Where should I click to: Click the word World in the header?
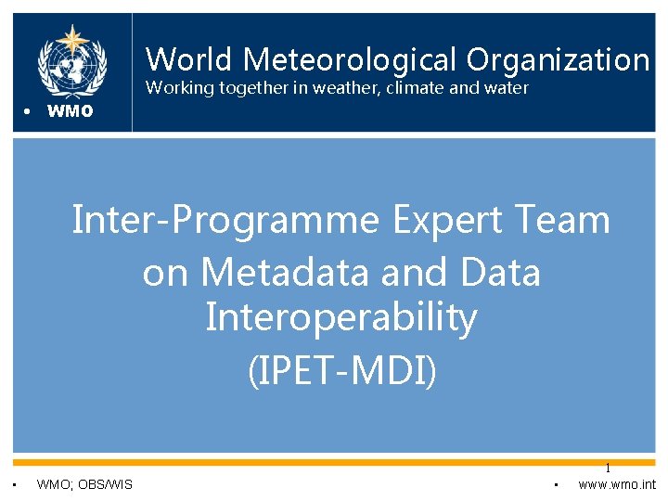[191, 60]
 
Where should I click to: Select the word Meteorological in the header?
[351, 60]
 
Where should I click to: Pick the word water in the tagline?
[504, 88]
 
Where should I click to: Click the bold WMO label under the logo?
[70, 112]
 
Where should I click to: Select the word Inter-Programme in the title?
[226, 222]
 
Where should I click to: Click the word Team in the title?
[565, 222]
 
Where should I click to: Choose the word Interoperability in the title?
[340, 317]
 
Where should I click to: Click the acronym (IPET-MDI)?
[340, 369]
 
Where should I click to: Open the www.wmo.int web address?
[616, 484]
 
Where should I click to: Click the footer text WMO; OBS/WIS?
[84, 484]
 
